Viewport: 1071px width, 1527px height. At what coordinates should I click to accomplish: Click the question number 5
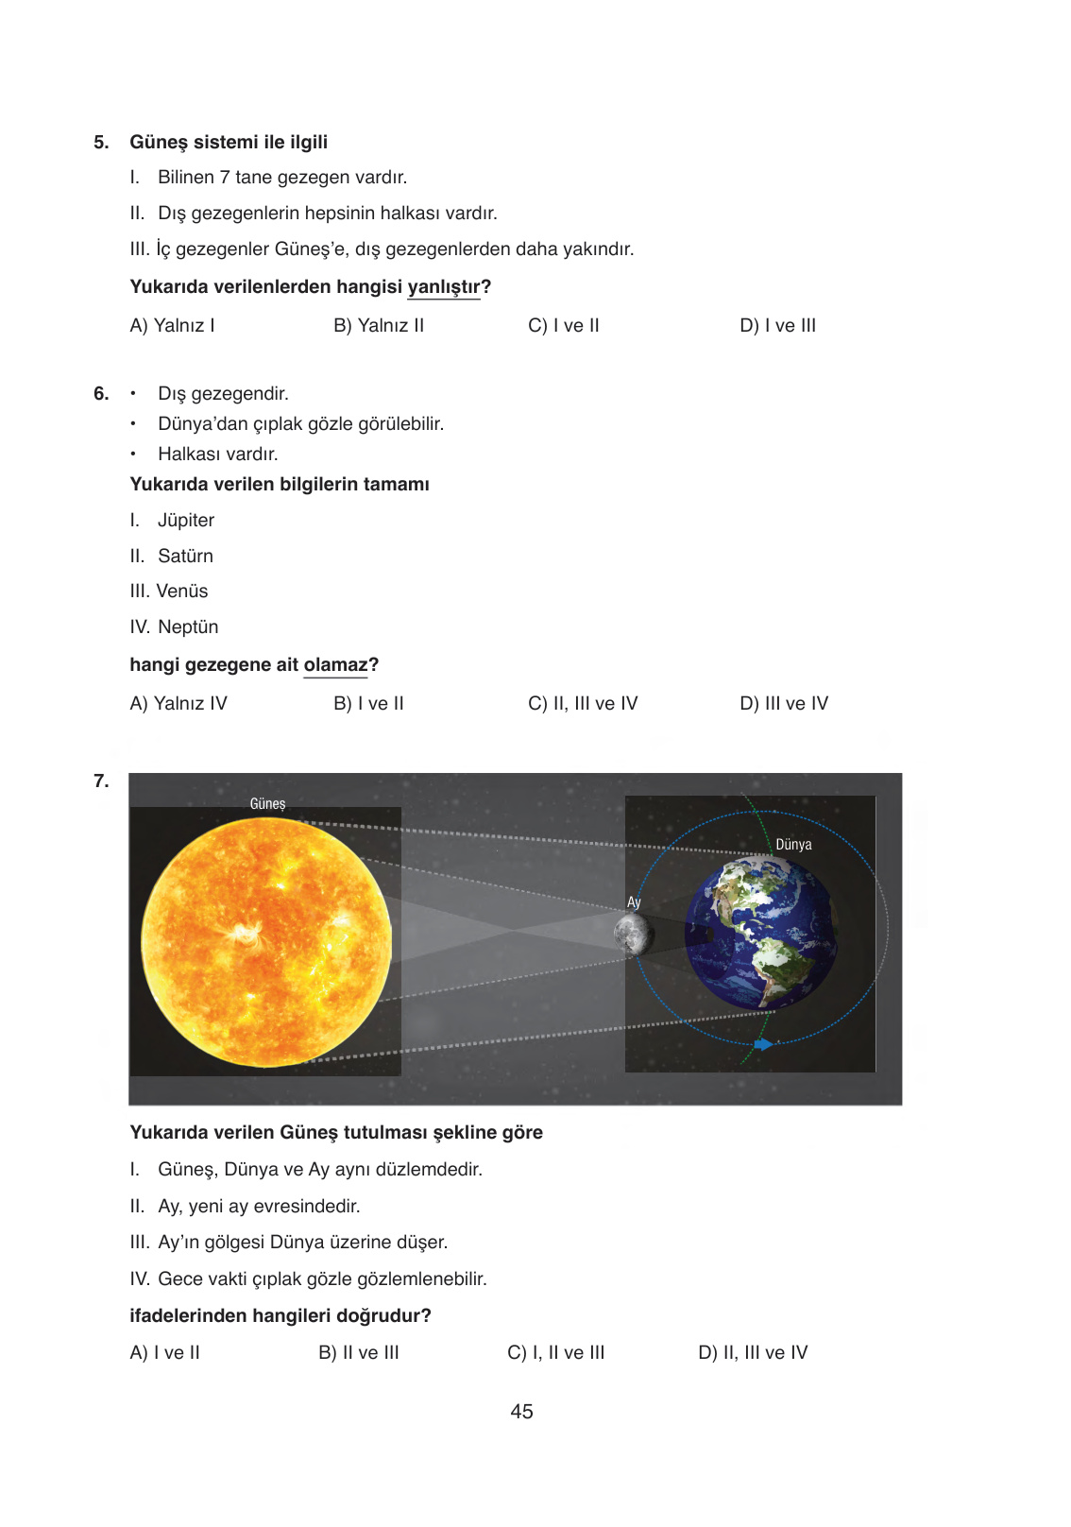coord(101,143)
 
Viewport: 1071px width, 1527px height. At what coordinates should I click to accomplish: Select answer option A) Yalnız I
coord(172,326)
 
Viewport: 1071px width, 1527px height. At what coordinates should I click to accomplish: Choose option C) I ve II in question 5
coord(564,326)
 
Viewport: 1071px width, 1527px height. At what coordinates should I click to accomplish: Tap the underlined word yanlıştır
coord(444,287)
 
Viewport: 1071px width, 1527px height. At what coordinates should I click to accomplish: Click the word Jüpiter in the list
coord(186,521)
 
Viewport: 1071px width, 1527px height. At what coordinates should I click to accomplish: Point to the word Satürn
coord(185,557)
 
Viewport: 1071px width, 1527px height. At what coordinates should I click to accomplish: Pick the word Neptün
coord(188,627)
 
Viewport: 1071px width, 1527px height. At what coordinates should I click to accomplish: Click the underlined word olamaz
coord(335,665)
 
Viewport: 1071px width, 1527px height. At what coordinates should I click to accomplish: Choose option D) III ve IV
coord(784,704)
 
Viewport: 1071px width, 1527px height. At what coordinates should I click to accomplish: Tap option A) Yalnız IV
coord(178,704)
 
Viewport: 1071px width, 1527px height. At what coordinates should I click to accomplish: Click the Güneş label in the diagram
coord(267,804)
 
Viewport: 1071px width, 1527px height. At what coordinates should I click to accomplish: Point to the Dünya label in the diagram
coord(793,845)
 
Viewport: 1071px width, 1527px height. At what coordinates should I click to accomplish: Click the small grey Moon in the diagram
coord(632,935)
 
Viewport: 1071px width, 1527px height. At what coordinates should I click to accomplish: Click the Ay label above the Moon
coord(634,902)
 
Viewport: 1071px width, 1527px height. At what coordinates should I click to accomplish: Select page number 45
coord(521,1412)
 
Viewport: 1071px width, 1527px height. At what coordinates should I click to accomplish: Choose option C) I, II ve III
coord(556,1353)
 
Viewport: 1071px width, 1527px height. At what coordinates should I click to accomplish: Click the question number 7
coord(101,781)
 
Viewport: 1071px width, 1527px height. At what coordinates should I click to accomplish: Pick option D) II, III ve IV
coord(753,1353)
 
